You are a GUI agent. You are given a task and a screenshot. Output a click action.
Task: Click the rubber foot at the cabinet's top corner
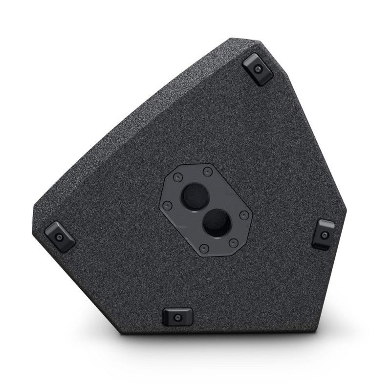tap(258, 69)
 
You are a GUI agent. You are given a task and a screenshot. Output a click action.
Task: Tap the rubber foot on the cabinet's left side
tap(60, 237)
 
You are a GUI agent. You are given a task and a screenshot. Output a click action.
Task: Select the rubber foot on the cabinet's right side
tap(324, 234)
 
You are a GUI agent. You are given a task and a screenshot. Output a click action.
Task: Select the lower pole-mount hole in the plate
tap(216, 224)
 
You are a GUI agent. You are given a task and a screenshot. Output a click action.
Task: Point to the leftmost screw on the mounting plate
tap(167, 205)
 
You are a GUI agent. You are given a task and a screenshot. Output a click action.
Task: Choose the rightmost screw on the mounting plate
tap(244, 215)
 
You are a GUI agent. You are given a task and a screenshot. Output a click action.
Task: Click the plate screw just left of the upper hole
tap(178, 176)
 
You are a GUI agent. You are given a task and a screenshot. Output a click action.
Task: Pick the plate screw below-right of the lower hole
tap(233, 243)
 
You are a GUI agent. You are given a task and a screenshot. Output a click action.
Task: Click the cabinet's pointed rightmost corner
tap(345, 211)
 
